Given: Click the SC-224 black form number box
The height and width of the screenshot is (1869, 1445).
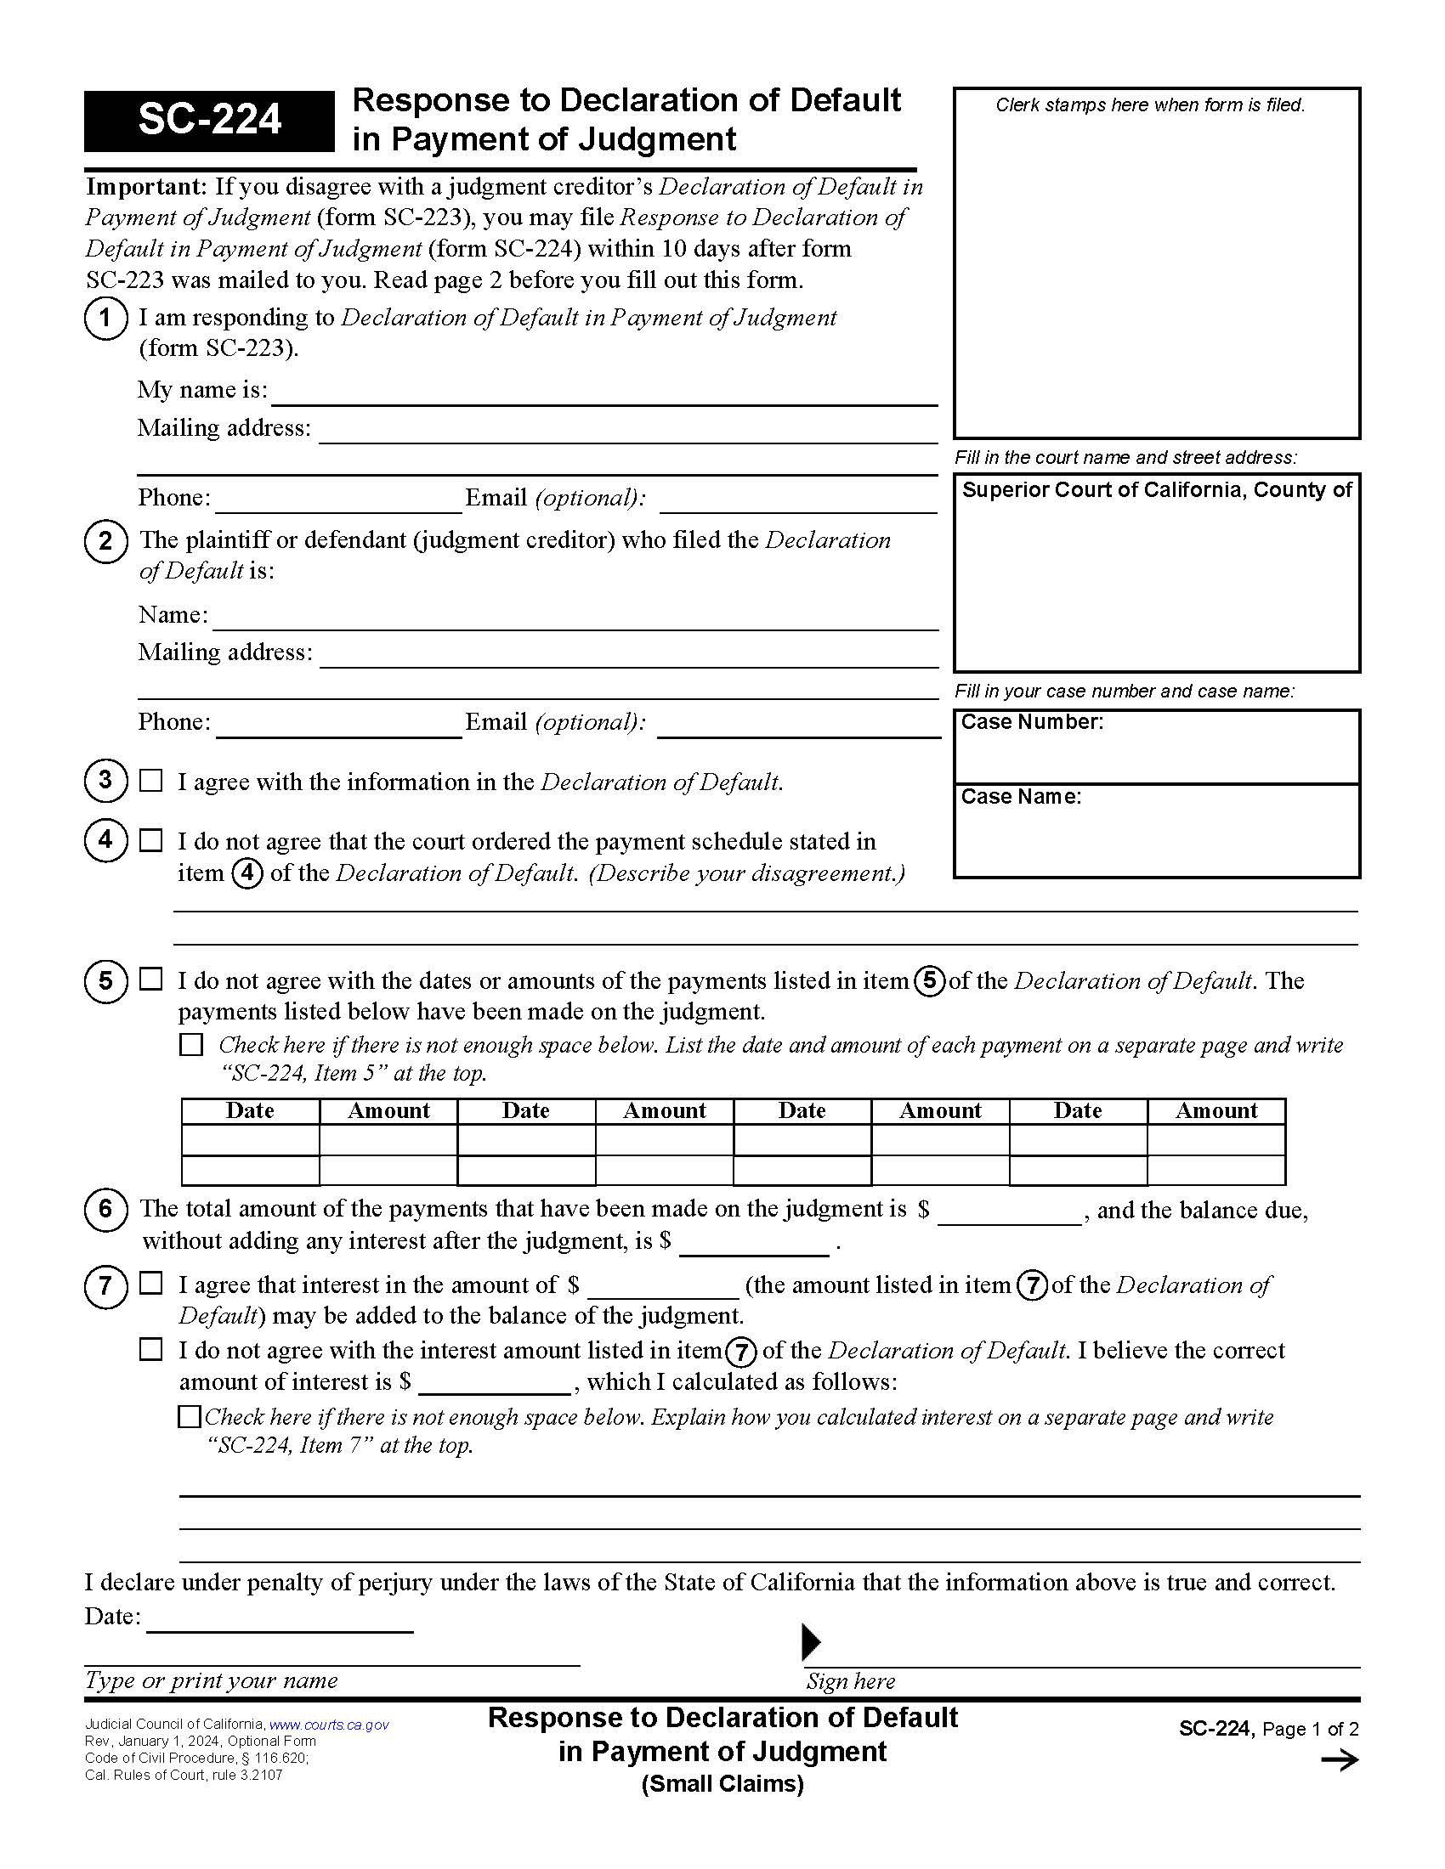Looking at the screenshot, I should click(209, 120).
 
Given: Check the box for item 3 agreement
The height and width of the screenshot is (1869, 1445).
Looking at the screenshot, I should click(150, 781).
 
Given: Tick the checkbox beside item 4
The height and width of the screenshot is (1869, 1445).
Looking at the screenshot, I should click(150, 840).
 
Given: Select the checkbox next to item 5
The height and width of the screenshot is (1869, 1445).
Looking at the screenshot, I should click(150, 979).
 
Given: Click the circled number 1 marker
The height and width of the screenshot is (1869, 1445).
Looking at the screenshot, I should click(105, 319).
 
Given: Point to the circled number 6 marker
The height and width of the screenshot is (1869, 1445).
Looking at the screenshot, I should click(105, 1209).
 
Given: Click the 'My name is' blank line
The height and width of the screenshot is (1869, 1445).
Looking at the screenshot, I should click(603, 392).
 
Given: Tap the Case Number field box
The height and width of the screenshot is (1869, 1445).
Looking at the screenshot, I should click(1156, 746).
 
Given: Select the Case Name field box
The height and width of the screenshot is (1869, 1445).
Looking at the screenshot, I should click(1156, 830).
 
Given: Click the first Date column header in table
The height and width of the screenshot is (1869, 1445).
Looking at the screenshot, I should click(250, 1111).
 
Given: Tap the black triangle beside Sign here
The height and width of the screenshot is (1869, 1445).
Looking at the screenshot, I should click(810, 1641).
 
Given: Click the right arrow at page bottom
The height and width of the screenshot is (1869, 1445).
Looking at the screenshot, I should click(1339, 1760).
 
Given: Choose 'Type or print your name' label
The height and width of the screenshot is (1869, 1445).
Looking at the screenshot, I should click(211, 1680).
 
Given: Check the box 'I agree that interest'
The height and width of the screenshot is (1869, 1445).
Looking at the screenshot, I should click(150, 1284).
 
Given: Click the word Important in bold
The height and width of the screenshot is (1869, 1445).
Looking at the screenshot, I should click(145, 187).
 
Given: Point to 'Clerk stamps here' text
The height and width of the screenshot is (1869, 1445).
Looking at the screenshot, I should click(1150, 105).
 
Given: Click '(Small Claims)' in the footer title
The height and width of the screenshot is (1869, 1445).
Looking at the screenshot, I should click(722, 1784).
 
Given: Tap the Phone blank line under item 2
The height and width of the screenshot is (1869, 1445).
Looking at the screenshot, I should click(338, 724).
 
